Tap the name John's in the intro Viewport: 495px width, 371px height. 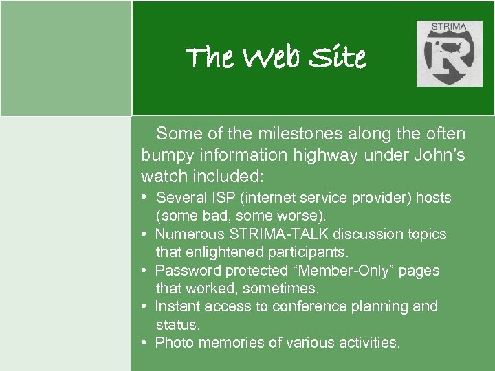tap(439, 155)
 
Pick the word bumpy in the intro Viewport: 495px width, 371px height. tap(166, 155)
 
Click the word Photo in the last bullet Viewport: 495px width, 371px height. tap(173, 342)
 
